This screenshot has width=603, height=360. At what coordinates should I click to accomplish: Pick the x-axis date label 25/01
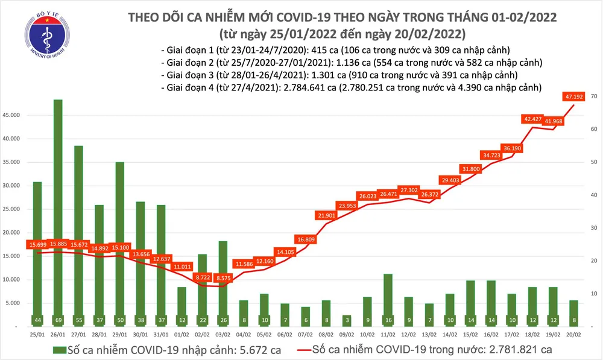[37, 333]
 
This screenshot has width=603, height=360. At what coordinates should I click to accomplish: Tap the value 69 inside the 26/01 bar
[58, 319]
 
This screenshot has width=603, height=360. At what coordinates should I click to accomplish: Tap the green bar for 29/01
[120, 241]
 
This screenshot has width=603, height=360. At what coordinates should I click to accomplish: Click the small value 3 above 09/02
[347, 319]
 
